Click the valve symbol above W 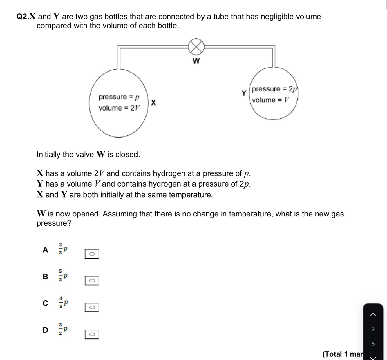coord(196,46)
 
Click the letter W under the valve coord(196,61)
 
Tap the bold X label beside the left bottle coord(153,102)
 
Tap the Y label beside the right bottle coord(244,93)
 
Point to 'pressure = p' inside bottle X coord(119,97)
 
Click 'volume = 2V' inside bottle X coord(119,108)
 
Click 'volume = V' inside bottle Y coord(271,100)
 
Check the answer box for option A coord(92,254)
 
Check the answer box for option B coord(92,281)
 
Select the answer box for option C coord(92,307)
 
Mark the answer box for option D coord(92,334)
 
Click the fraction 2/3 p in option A coord(63,249)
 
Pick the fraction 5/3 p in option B coord(63,276)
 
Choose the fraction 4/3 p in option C coord(63,303)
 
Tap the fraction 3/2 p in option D coord(63,329)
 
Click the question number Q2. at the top coord(23,17)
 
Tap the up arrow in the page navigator coord(373,315)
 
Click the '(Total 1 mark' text coord(342,354)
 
